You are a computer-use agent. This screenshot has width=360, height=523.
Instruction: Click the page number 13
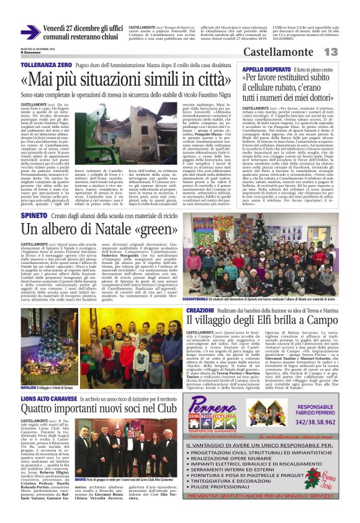(x=346, y=52)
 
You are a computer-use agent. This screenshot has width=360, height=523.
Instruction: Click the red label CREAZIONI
(x=200, y=309)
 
